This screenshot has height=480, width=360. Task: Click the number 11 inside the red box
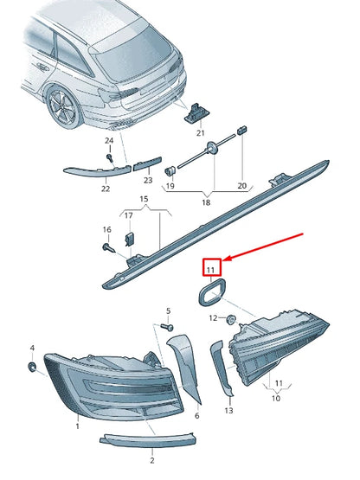click(x=211, y=269)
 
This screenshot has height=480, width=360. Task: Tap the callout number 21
click(x=201, y=132)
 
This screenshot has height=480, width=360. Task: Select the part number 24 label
click(x=109, y=140)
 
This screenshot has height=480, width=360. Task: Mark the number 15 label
click(x=145, y=199)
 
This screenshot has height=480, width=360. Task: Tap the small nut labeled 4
click(x=32, y=368)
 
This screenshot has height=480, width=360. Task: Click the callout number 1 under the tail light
click(x=76, y=426)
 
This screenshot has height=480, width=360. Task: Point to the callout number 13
click(x=228, y=411)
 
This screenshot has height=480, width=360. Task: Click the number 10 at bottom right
click(x=276, y=400)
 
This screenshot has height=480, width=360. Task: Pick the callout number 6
click(x=196, y=415)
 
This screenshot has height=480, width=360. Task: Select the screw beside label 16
click(x=111, y=248)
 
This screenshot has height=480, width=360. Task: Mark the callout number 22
click(x=106, y=188)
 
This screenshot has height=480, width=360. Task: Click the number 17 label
click(x=128, y=215)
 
